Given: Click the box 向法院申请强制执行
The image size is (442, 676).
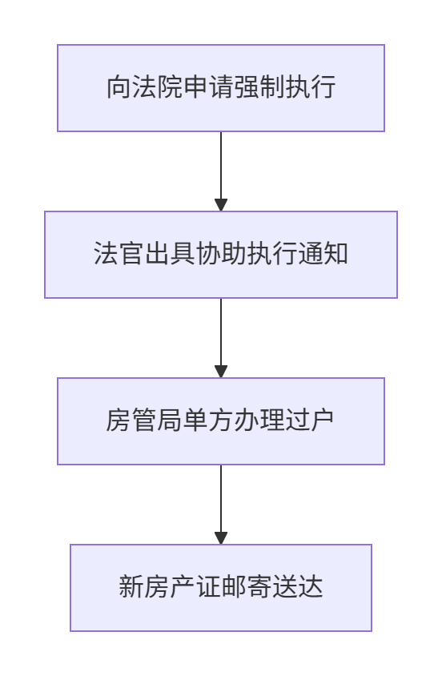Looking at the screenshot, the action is pyautogui.click(x=221, y=88).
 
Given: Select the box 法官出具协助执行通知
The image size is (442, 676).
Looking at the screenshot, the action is pyautogui.click(x=221, y=255).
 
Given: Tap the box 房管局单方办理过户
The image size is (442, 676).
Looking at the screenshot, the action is pyautogui.click(x=221, y=421).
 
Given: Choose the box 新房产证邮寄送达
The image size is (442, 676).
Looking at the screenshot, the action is pyautogui.click(x=221, y=588).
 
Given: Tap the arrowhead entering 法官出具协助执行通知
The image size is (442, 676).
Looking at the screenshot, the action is pyautogui.click(x=221, y=205).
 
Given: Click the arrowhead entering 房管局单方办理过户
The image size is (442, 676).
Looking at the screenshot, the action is pyautogui.click(x=221, y=372).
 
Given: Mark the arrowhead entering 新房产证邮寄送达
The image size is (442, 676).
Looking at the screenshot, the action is pyautogui.click(x=221, y=538).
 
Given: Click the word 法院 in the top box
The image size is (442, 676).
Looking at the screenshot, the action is pyautogui.click(x=157, y=87).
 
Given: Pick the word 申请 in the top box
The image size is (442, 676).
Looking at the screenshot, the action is pyautogui.click(x=208, y=87).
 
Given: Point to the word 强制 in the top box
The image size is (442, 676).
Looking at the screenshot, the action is pyautogui.click(x=259, y=87).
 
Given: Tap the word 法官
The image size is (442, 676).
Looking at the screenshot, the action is pyautogui.click(x=119, y=253).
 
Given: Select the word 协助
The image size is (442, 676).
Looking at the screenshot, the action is pyautogui.click(x=221, y=253).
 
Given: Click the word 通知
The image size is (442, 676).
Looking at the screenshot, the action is pyautogui.click(x=323, y=253).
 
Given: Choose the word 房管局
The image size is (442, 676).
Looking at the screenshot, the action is pyautogui.click(x=144, y=420).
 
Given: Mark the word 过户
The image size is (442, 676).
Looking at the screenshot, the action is pyautogui.click(x=310, y=420).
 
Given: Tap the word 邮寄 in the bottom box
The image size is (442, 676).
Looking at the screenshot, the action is pyautogui.click(x=247, y=587).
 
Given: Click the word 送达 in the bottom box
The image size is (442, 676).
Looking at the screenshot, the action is pyautogui.click(x=297, y=587).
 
